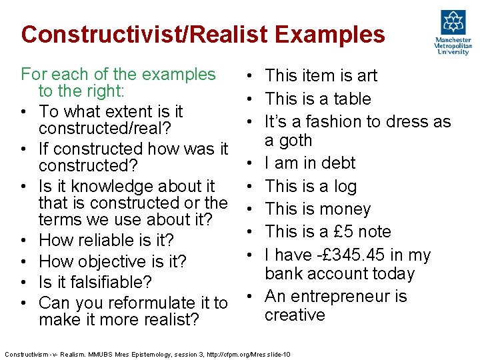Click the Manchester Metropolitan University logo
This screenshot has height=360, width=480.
coord(453,32)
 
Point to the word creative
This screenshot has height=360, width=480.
coord(295,315)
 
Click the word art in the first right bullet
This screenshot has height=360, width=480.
coord(365,76)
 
